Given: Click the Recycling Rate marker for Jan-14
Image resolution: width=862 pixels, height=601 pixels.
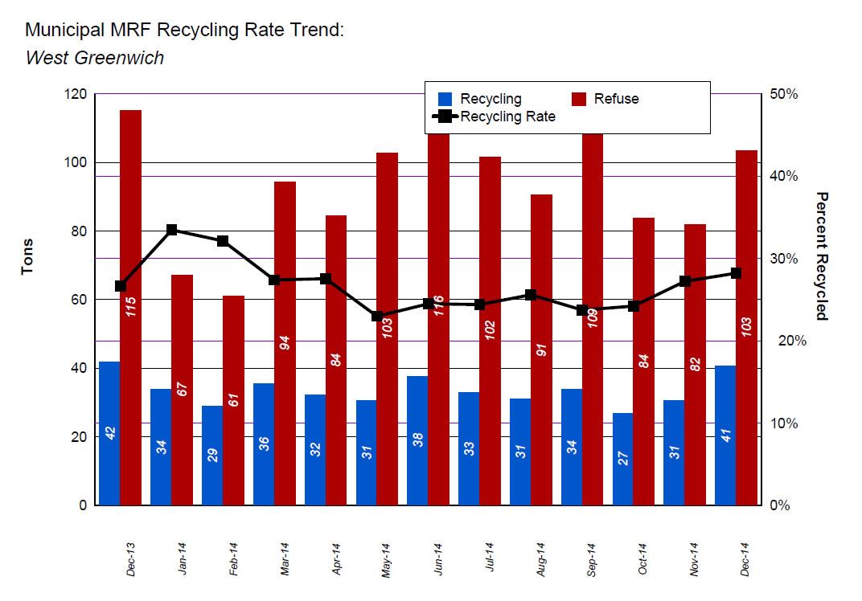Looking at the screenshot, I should tap(172, 230).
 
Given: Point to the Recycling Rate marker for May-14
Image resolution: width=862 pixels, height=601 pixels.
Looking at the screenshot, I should tap(377, 316).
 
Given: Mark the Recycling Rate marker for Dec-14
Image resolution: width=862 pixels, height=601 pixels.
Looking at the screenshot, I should tap(736, 273).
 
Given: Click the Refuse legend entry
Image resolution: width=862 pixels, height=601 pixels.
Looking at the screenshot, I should tap(616, 99).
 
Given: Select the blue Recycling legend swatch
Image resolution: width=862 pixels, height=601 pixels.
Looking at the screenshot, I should tap(445, 99).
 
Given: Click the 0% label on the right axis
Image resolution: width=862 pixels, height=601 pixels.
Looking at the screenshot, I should tap(779, 505).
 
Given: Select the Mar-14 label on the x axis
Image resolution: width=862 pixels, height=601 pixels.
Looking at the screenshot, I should tap(285, 559).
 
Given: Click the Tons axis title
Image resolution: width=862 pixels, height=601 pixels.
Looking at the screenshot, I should tap(27, 256).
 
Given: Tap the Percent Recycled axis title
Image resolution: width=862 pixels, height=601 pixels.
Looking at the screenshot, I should tap(821, 256).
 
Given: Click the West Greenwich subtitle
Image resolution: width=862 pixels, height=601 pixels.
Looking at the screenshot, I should tap(95, 58).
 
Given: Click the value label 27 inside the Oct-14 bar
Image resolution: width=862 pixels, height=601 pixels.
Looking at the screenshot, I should tap(623, 458).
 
